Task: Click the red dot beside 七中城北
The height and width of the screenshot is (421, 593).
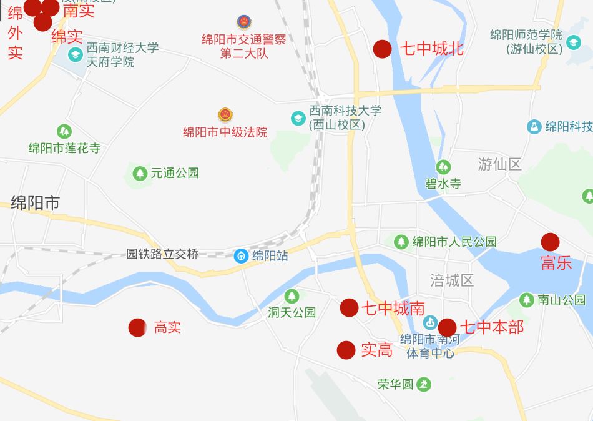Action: [382, 49]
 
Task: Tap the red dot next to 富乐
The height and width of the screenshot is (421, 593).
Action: [550, 242]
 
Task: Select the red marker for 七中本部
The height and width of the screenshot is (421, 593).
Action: [447, 327]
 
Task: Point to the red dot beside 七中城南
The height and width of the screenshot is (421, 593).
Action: [349, 307]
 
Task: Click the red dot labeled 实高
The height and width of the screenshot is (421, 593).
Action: [346, 350]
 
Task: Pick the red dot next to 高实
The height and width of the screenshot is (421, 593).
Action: [137, 327]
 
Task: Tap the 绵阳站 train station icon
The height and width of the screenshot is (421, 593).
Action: [241, 255]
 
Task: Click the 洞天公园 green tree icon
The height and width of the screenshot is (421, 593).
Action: [292, 296]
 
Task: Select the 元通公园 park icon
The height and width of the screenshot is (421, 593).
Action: [140, 173]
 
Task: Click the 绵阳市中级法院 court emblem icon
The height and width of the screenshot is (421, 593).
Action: [225, 115]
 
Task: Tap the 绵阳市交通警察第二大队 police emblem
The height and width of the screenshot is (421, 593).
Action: [243, 22]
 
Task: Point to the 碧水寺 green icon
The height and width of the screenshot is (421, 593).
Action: [443, 167]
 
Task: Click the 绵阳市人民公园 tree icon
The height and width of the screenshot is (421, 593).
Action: [401, 242]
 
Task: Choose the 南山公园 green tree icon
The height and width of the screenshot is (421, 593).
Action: [527, 300]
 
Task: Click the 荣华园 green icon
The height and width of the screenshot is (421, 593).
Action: [424, 384]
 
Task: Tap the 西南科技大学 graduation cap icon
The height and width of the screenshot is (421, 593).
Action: [298, 117]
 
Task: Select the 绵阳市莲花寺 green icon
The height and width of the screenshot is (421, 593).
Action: [64, 132]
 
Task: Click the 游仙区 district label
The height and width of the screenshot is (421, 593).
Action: [499, 164]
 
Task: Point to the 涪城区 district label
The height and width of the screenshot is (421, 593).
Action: [453, 280]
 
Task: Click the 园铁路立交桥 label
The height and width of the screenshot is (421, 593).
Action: [162, 254]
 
